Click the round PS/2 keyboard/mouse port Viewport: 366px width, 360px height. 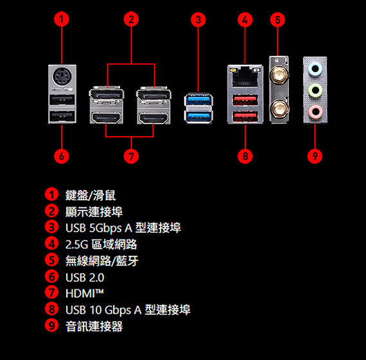[62, 76]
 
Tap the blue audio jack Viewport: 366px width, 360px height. [315, 69]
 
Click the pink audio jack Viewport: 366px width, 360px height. [315, 112]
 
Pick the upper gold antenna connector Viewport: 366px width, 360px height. [279, 75]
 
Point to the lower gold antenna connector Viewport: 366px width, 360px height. [279, 108]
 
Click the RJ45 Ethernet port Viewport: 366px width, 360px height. [245, 76]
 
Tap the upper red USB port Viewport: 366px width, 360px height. [245, 100]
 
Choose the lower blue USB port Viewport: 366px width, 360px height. [198, 116]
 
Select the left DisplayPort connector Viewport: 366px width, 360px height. [107, 94]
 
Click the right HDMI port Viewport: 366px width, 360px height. [153, 117]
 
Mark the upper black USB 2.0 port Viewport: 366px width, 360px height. [62, 99]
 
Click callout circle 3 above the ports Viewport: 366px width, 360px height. [198, 20]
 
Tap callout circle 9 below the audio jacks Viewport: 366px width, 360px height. [315, 156]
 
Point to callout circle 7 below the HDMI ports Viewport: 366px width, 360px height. [131, 156]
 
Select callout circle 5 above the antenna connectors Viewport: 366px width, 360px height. [277, 20]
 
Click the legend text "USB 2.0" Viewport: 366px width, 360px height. [85, 277]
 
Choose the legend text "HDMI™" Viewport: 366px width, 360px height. [85, 293]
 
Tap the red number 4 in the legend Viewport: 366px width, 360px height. [51, 243]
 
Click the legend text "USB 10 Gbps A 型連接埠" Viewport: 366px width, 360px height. [128, 310]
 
